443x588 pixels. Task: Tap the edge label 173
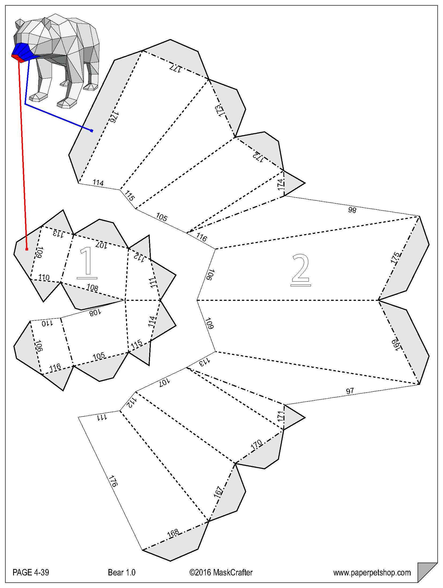[x=219, y=111]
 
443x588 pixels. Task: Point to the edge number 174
[x=280, y=184]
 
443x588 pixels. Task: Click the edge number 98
[x=352, y=210]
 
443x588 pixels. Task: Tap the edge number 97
[x=350, y=391]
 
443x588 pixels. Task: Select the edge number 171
[x=280, y=417]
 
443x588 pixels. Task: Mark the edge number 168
[x=173, y=533]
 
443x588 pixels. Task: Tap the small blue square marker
[x=92, y=131]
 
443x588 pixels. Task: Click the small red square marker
[x=27, y=249]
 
